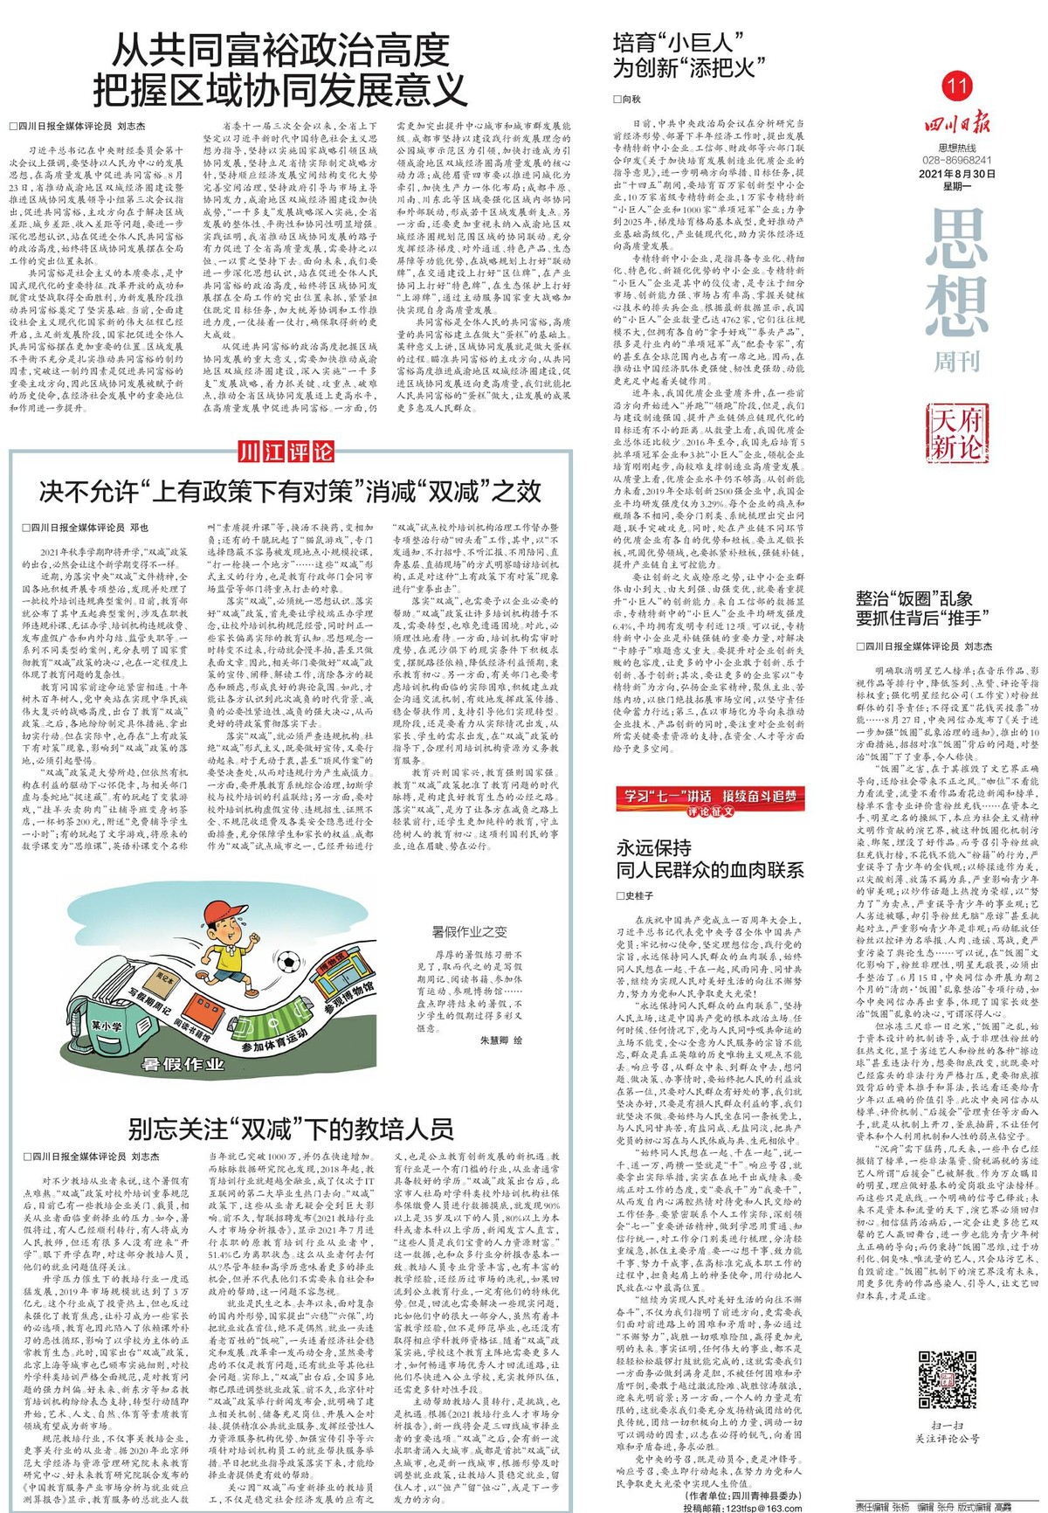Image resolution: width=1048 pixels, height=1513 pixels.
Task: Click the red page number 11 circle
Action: pyautogui.click(x=956, y=86)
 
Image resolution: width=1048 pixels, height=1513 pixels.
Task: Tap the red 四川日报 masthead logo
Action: pyautogui.click(x=958, y=122)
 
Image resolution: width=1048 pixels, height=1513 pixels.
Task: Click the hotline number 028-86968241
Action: pyautogui.click(x=958, y=161)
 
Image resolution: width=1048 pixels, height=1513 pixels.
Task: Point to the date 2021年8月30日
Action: pyautogui.click(x=957, y=173)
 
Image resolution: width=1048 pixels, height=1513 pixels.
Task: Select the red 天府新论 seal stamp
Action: pyautogui.click(x=956, y=433)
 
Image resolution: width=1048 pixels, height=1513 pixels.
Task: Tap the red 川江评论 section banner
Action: pyautogui.click(x=286, y=452)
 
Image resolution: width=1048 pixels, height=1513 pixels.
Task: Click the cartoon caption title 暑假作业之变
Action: pyautogui.click(x=469, y=931)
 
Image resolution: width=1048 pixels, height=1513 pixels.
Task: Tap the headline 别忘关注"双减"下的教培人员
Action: pyautogui.click(x=291, y=1129)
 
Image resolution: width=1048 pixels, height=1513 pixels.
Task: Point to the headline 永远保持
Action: pyautogui.click(x=654, y=847)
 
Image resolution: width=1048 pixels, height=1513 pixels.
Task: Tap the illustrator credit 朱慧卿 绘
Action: pyautogui.click(x=500, y=1041)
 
